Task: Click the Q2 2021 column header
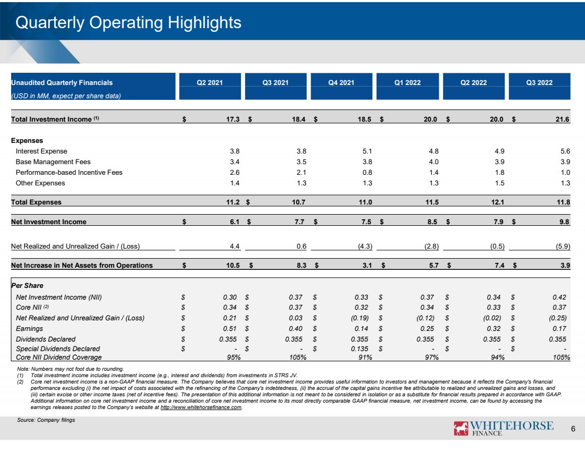pyautogui.click(x=210, y=83)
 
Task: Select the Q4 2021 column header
pyautogui.click(x=341, y=83)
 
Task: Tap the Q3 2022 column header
pyautogui.click(x=539, y=83)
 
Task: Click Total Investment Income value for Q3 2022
pyautogui.click(x=562, y=120)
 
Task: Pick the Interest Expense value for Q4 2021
pyautogui.click(x=367, y=151)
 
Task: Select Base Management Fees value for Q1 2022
pyautogui.click(x=433, y=162)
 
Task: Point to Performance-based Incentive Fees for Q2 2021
pyautogui.click(x=235, y=173)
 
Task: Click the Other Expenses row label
pyautogui.click(x=40, y=183)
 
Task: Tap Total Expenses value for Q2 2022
pyautogui.click(x=498, y=202)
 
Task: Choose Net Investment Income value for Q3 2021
pyautogui.click(x=299, y=222)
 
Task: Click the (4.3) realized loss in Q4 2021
pyautogui.click(x=365, y=246)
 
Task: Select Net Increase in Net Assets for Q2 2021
pyautogui.click(x=233, y=266)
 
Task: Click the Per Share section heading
pyautogui.click(x=27, y=285)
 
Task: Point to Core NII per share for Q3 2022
pyautogui.click(x=559, y=308)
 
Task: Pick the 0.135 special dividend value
pyautogui.click(x=360, y=349)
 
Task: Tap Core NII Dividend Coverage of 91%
pyautogui.click(x=365, y=358)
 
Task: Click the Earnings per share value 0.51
pyautogui.click(x=230, y=329)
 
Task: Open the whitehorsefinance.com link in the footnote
pyautogui.click(x=201, y=407)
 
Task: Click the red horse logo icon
pyautogui.click(x=461, y=428)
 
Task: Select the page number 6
pyautogui.click(x=573, y=429)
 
